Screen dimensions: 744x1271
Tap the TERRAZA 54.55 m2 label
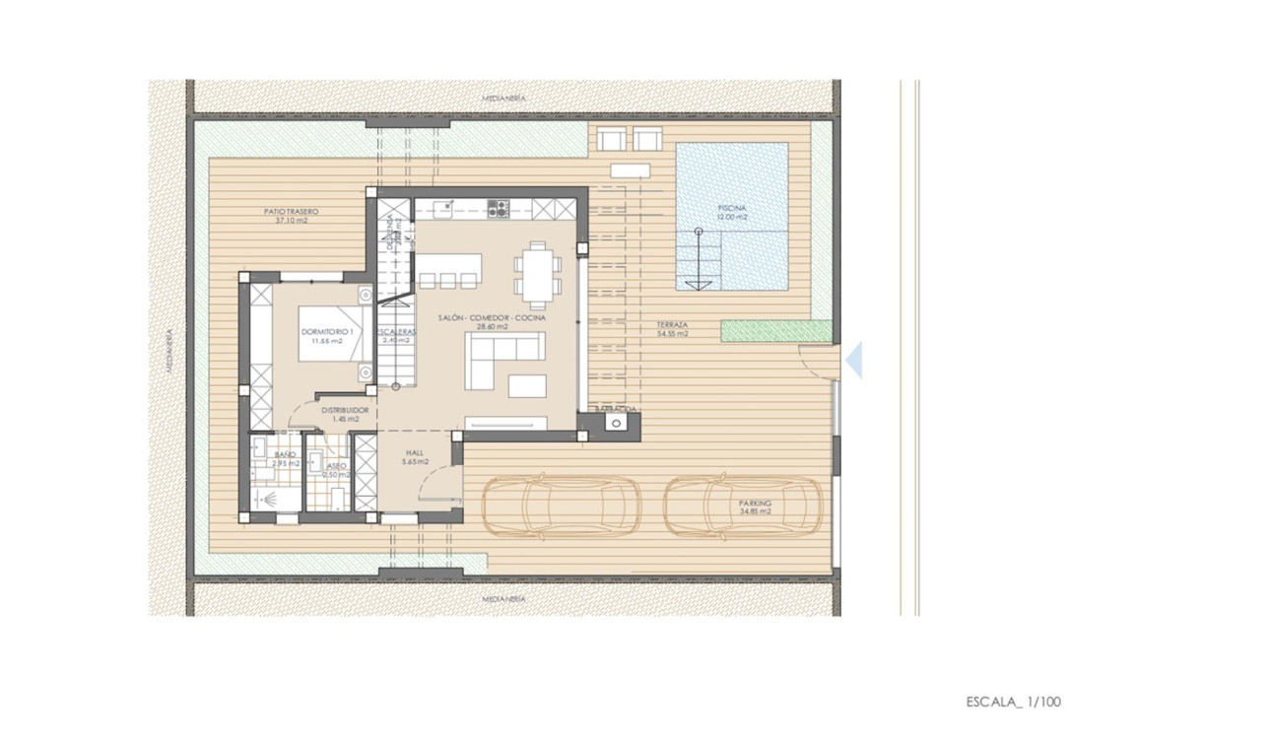(x=672, y=329)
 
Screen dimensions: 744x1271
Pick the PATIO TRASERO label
(x=291, y=216)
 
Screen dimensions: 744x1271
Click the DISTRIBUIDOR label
(x=344, y=414)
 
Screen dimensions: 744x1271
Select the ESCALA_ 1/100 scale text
(x=1013, y=702)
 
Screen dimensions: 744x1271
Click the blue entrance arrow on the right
(x=853, y=360)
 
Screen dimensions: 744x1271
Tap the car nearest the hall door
(x=560, y=506)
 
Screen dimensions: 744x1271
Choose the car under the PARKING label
(x=742, y=506)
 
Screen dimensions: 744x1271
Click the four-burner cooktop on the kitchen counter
(x=499, y=208)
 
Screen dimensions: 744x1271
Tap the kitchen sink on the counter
(x=441, y=208)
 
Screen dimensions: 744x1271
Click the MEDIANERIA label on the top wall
(x=504, y=98)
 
